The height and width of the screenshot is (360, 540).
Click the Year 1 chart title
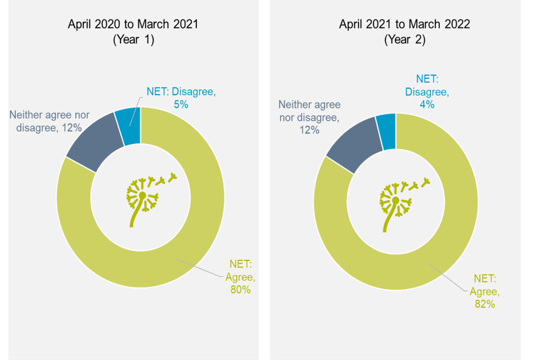[133, 24]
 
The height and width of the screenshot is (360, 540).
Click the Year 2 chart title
[404, 24]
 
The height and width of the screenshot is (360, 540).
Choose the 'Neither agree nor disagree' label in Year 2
[310, 117]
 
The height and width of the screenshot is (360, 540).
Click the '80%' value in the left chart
[240, 290]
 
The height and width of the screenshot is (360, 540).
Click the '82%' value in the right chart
[484, 304]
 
